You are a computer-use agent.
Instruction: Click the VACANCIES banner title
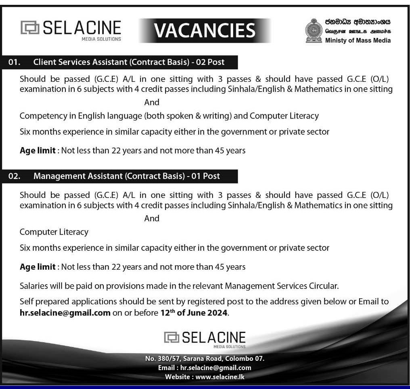click(205, 30)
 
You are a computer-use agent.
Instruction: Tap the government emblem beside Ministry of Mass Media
click(314, 31)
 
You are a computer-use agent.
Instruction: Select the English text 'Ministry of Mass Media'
click(358, 40)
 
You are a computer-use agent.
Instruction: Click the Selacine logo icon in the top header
click(30, 28)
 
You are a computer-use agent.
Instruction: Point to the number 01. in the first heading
click(15, 62)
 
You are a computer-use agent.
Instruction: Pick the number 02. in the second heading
click(15, 176)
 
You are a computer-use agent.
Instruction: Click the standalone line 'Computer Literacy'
click(54, 232)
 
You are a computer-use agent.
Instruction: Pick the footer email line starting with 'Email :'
click(205, 368)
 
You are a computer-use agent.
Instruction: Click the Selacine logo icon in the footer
click(172, 337)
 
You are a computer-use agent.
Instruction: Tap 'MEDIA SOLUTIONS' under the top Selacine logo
click(101, 39)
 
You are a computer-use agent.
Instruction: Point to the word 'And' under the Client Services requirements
click(152, 102)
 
